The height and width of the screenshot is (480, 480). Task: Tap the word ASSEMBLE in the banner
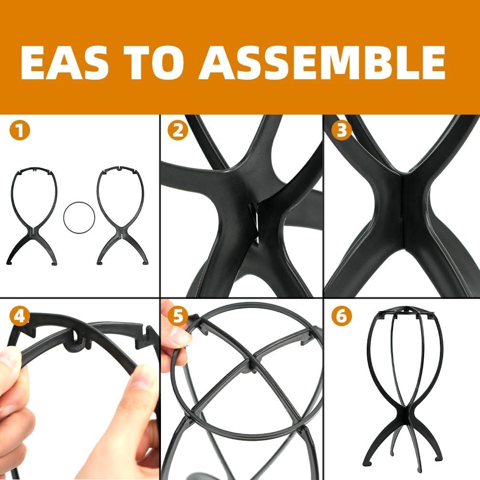tap(322, 62)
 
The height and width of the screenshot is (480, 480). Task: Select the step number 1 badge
tap(19, 131)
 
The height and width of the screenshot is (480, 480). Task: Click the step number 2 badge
tap(178, 131)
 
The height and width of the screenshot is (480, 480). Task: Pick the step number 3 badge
tap(341, 131)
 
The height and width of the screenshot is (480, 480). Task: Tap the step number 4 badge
tap(19, 316)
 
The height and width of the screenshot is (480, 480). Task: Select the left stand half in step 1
tap(33, 215)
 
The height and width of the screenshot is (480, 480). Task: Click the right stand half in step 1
tap(122, 215)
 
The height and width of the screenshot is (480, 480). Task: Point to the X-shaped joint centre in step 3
tap(403, 210)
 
